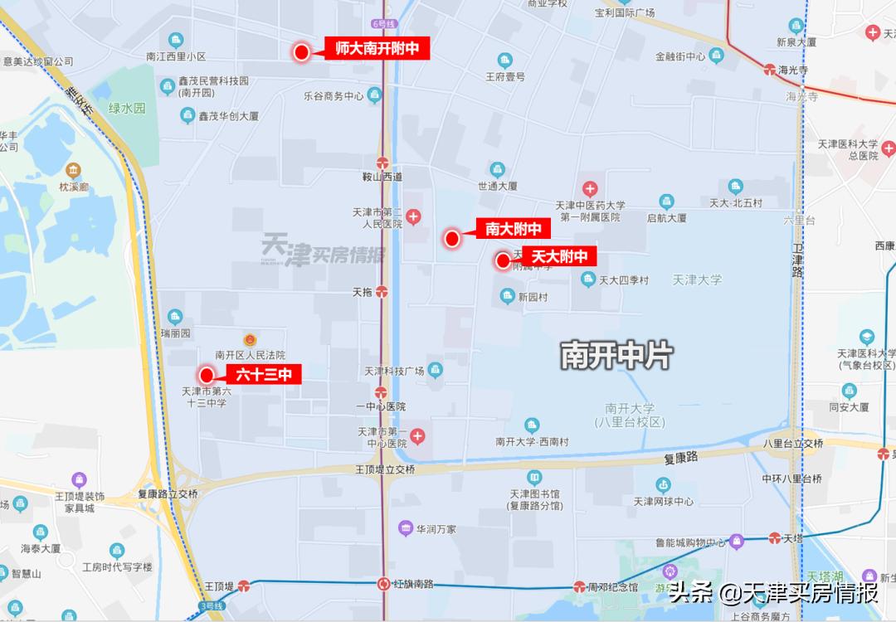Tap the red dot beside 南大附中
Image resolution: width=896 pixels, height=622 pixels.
click(x=452, y=240)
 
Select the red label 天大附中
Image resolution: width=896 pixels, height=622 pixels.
click(x=559, y=257)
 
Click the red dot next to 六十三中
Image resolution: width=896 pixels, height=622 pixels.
click(x=207, y=375)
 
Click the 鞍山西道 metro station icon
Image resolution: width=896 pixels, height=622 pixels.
click(x=382, y=163)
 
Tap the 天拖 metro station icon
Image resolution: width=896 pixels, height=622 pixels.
click(x=382, y=292)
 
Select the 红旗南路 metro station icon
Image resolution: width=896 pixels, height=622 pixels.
click(x=384, y=584)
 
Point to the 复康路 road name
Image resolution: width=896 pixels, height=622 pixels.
click(x=681, y=457)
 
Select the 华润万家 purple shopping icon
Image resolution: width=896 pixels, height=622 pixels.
click(x=405, y=527)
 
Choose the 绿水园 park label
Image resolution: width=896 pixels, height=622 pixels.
click(x=127, y=108)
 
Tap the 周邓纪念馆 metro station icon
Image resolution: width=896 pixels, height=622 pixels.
click(x=580, y=587)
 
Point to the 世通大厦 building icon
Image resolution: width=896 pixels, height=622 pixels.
click(x=497, y=168)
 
